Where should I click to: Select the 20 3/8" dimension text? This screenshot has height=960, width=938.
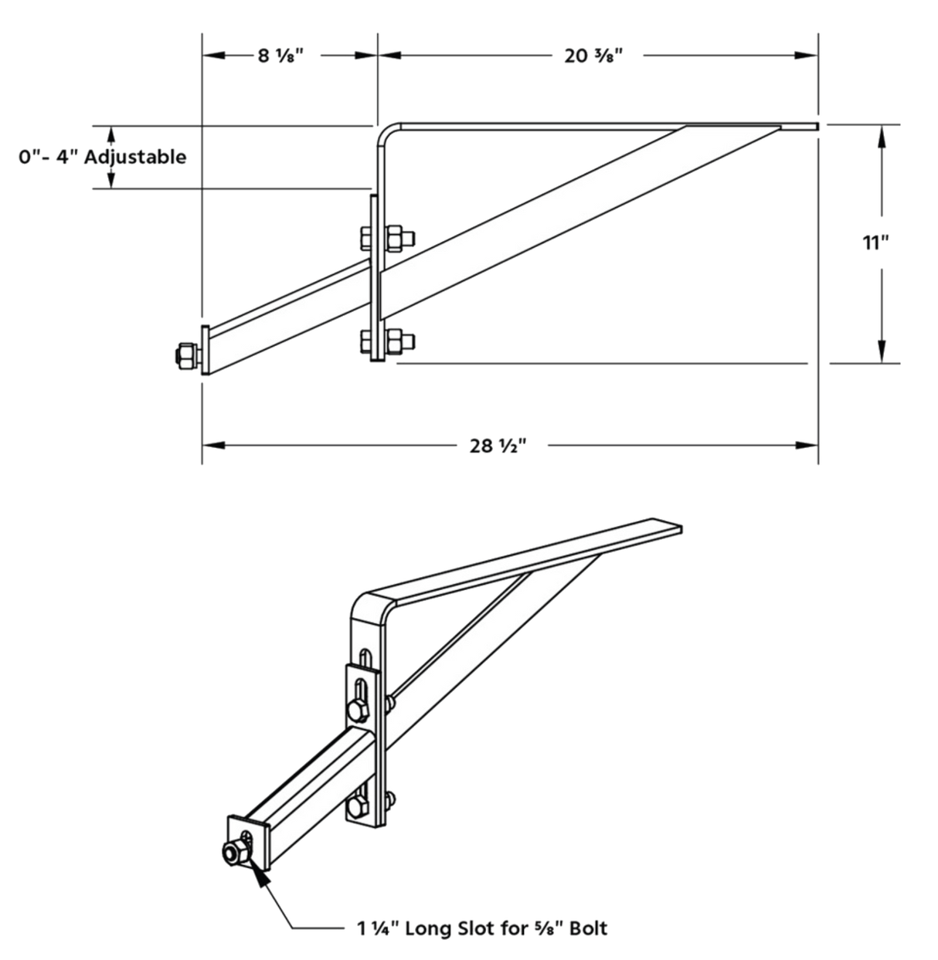click(x=593, y=56)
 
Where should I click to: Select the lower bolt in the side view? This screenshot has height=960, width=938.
click(x=386, y=340)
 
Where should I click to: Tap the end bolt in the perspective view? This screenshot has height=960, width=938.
click(x=233, y=851)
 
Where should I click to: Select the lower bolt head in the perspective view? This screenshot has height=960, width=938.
click(x=357, y=807)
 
